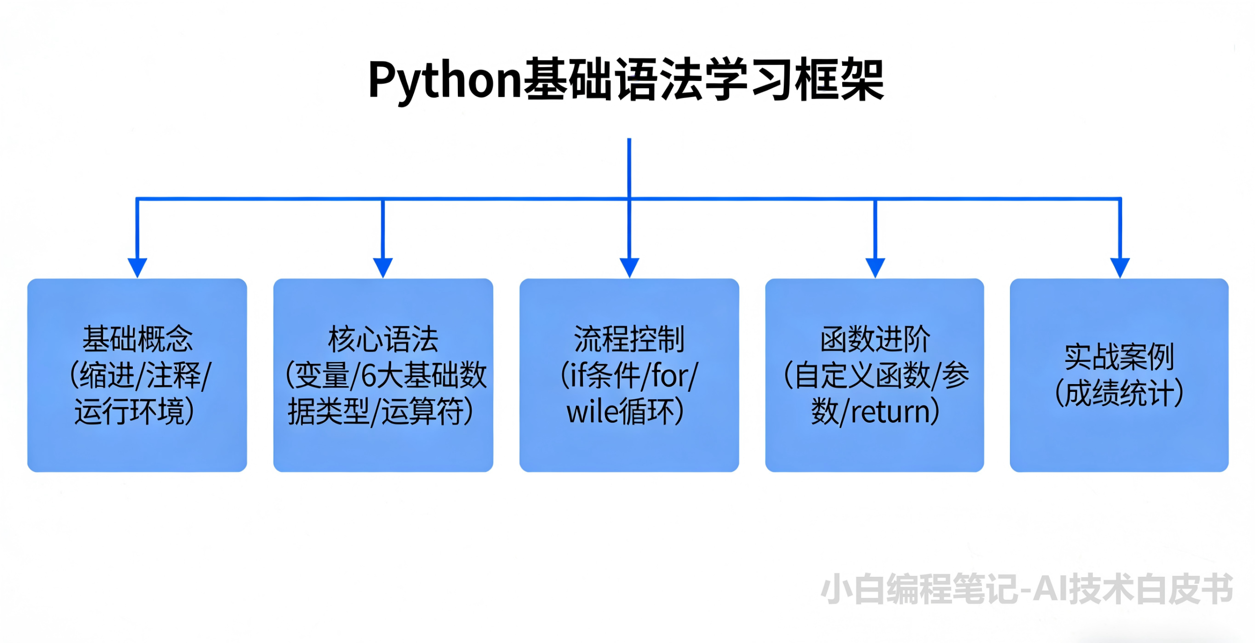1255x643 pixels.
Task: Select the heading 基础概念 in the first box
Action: [x=137, y=339]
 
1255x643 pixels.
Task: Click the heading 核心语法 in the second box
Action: [x=383, y=339]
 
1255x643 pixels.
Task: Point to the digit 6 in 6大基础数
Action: [x=368, y=376]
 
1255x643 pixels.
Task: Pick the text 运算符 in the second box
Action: [x=422, y=412]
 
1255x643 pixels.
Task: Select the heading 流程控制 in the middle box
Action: [x=629, y=339]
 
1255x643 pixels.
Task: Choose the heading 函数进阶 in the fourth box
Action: [x=875, y=339]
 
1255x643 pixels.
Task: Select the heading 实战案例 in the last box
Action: [x=1119, y=357]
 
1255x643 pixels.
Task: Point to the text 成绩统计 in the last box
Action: [x=1119, y=393]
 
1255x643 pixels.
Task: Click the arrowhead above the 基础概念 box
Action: [x=137, y=267]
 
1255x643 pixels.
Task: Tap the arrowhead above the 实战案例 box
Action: [x=1120, y=267]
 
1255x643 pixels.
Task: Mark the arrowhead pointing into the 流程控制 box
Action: [x=629, y=267]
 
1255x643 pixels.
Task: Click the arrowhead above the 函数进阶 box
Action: [x=875, y=267]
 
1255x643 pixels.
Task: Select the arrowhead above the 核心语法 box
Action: [x=383, y=267]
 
